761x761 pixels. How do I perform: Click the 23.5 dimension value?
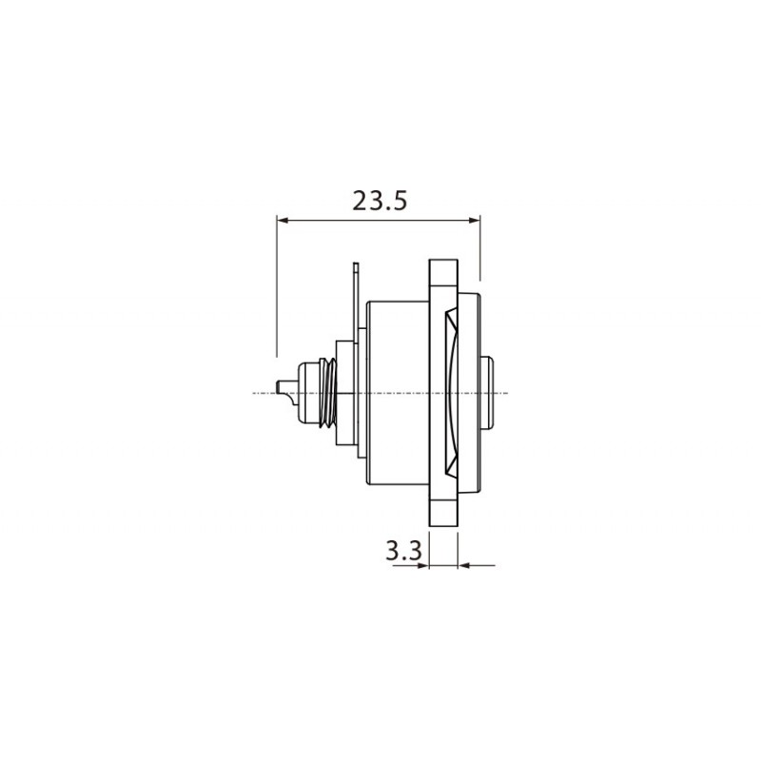pyautogui.click(x=380, y=201)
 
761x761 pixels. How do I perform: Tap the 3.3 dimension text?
pyautogui.click(x=403, y=551)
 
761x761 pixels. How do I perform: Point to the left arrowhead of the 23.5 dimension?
pyautogui.click(x=282, y=221)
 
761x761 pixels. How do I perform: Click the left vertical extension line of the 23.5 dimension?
pyautogui.click(x=276, y=285)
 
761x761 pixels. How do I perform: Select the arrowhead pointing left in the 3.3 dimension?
pyautogui.click(x=465, y=565)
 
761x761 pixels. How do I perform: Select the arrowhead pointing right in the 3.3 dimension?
pyautogui.click(x=423, y=565)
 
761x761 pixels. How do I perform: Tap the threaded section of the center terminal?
pyautogui.click(x=327, y=392)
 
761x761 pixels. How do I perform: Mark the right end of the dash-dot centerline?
pyautogui.click(x=508, y=393)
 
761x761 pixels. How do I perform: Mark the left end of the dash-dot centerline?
pyautogui.click(x=255, y=393)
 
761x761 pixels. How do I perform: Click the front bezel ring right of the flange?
pyautogui.click(x=471, y=392)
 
